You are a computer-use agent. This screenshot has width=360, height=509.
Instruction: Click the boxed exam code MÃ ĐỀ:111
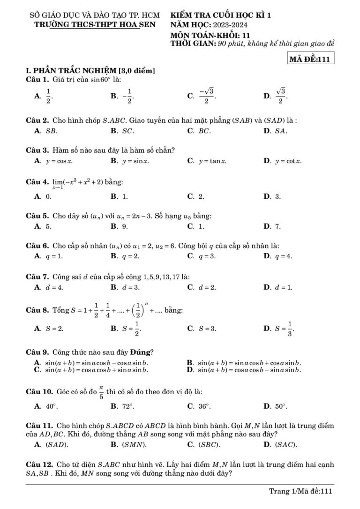311,60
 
